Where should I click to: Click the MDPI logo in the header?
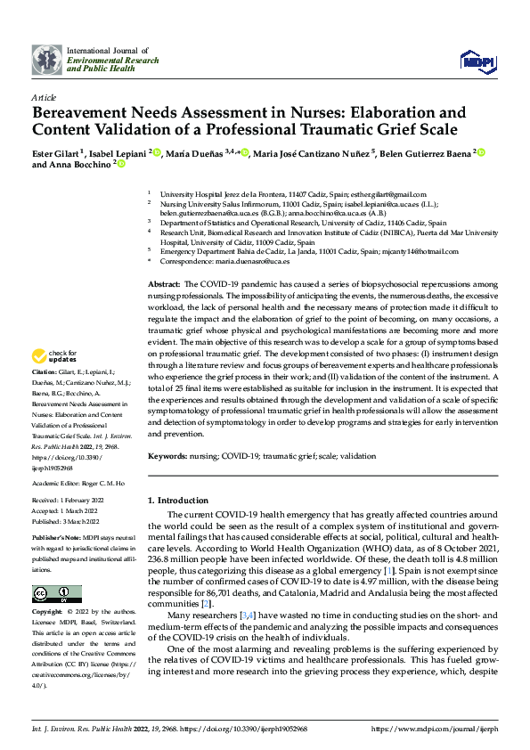point(477,60)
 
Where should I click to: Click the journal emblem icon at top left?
point(47,60)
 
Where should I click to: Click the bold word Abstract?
point(166,281)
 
